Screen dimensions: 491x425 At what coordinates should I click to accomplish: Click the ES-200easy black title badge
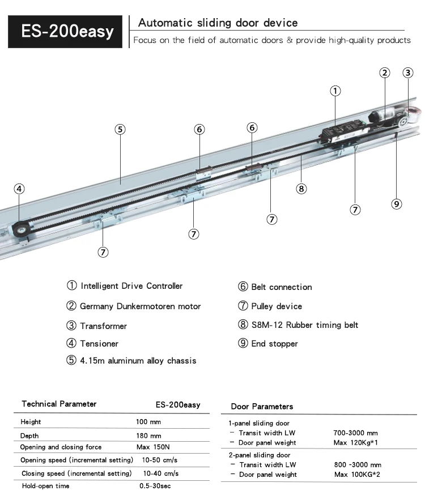coord(67,31)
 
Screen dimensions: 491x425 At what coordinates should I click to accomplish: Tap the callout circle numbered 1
coord(335,91)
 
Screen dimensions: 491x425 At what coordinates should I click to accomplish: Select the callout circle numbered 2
coord(385,72)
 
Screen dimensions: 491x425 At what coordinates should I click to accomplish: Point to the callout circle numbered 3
coord(408,72)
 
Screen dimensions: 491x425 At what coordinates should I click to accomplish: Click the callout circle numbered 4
coord(19,189)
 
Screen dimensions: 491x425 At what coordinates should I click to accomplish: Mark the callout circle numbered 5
coord(120,129)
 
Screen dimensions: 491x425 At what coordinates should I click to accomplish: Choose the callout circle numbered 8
coord(301,189)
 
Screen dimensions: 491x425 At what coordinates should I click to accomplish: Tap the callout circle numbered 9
coord(397,204)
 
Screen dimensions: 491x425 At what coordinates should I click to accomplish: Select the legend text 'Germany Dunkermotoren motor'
coord(140,306)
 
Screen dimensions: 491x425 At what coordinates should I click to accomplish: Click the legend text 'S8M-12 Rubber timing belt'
coord(304,325)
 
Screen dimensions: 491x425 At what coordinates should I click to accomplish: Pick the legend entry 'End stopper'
coord(274,344)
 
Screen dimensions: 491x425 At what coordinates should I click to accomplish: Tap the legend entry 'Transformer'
coord(103,326)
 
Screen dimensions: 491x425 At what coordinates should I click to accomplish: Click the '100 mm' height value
coord(148,422)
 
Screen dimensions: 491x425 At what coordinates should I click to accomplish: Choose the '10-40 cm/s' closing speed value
coord(160,473)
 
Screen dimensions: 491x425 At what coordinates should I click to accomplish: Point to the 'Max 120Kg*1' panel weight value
coord(356,443)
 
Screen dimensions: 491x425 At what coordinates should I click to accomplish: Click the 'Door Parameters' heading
coord(262,407)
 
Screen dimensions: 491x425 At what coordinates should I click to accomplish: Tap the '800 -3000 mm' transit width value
coord(358,465)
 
